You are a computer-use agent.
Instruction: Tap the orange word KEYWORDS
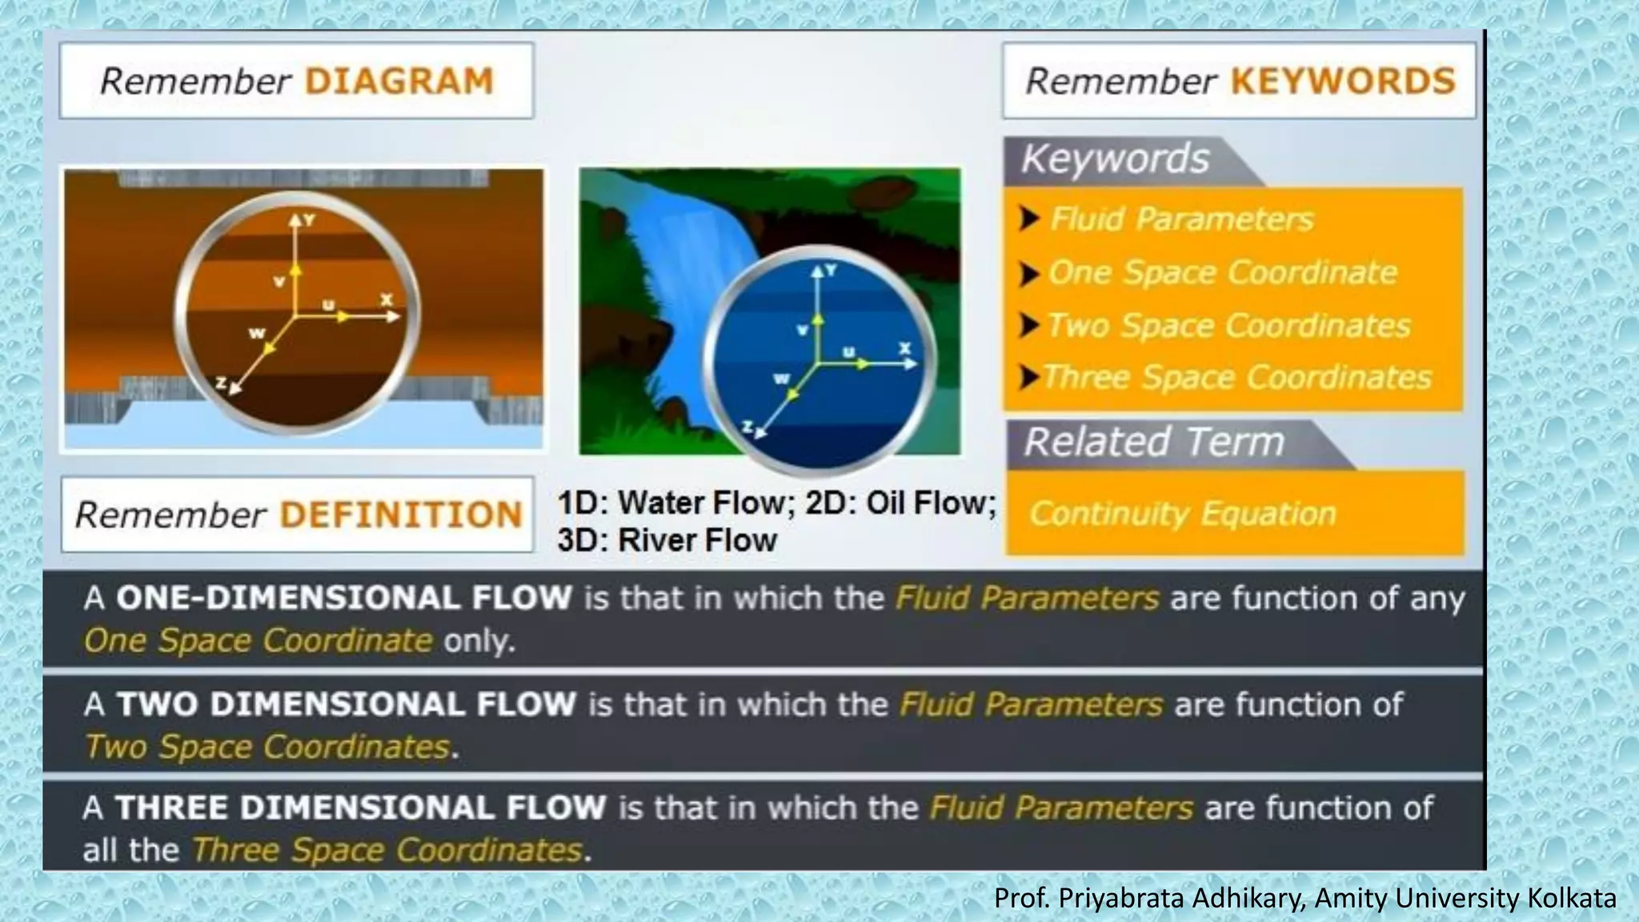[x=1342, y=82]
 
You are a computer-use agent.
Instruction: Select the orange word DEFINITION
[x=401, y=515]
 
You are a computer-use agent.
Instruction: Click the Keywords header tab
[x=1115, y=159]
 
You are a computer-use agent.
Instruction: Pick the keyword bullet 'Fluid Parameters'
[x=1181, y=219]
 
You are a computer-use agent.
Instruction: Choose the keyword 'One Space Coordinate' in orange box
[x=1222, y=273]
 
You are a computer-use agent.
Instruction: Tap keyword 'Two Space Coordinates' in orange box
[x=1228, y=326]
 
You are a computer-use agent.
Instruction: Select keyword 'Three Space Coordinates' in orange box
[x=1237, y=377]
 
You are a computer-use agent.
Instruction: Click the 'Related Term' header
[x=1153, y=442]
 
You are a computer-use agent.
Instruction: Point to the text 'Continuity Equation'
[x=1182, y=514]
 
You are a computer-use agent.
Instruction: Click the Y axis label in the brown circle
[x=310, y=219]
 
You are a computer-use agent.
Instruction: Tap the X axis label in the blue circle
[x=904, y=348]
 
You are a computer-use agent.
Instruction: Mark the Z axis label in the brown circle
[x=222, y=383]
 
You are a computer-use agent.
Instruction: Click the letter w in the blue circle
[x=780, y=379]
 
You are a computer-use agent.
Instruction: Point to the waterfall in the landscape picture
[x=672, y=272]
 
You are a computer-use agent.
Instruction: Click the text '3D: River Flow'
[x=667, y=540]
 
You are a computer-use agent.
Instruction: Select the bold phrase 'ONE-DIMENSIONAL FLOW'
[x=344, y=598]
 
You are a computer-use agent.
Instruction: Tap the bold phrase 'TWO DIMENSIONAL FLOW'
[x=346, y=704]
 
